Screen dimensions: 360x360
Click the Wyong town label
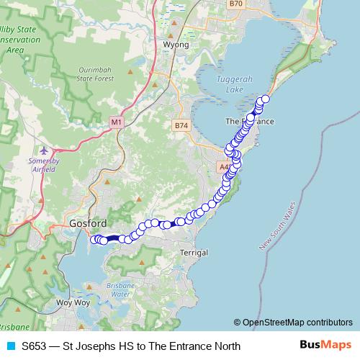coord(176,45)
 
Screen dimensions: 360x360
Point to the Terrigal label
coord(193,253)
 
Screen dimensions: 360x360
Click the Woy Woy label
coord(72,303)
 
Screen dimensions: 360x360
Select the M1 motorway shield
coord(117,123)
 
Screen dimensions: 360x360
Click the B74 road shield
coord(181,125)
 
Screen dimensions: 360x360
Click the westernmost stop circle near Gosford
coord(94,240)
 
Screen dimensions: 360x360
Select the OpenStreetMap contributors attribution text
coord(293,323)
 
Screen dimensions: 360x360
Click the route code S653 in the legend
coord(35,346)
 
